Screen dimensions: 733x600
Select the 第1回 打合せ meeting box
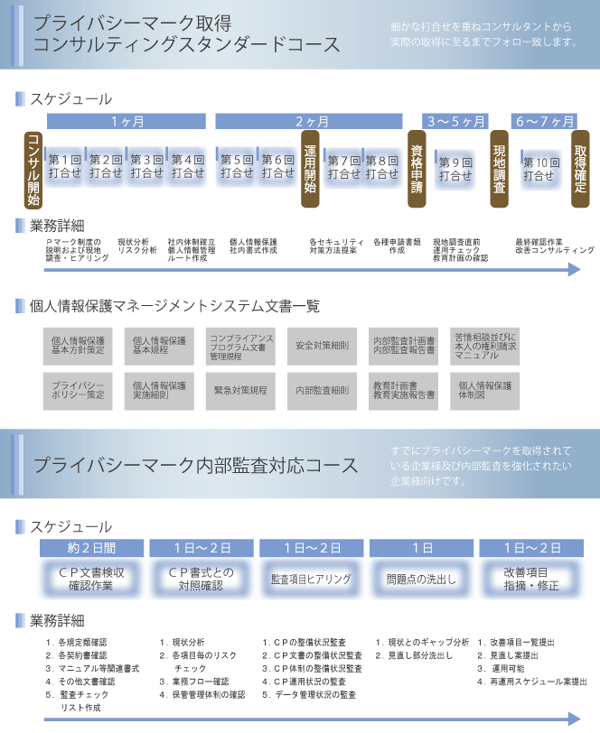click(x=65, y=165)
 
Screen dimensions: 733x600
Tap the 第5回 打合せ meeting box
click(x=237, y=165)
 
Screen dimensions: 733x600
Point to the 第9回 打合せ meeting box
click(x=455, y=169)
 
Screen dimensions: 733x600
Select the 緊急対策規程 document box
click(x=240, y=390)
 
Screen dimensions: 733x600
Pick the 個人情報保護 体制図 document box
click(x=485, y=390)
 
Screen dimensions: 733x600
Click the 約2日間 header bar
click(x=91, y=548)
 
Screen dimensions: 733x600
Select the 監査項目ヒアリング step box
click(x=312, y=579)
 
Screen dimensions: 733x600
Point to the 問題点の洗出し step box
click(x=422, y=579)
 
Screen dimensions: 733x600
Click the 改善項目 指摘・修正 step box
click(x=531, y=579)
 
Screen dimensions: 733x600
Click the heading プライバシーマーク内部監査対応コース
click(x=195, y=466)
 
